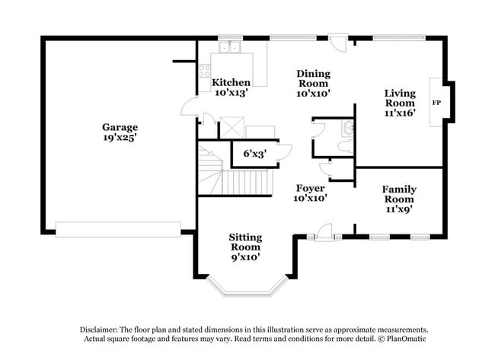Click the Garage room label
tap(120, 127)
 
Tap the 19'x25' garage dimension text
tap(120, 138)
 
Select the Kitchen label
tap(231, 82)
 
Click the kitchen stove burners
tap(204, 72)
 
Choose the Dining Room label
tap(313, 74)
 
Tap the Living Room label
tap(400, 97)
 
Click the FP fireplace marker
tap(436, 102)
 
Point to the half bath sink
tap(348, 128)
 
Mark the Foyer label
tap(311, 188)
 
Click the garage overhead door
tap(118, 229)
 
